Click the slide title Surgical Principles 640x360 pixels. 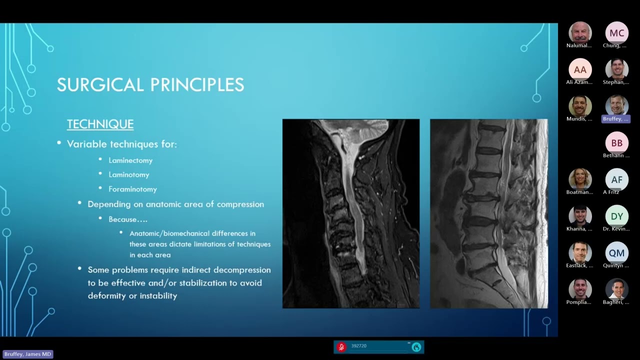click(x=150, y=85)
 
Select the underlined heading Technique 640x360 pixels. click(x=100, y=124)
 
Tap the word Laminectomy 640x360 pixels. click(x=130, y=160)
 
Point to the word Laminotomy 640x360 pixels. click(x=129, y=175)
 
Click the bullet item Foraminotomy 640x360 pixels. click(x=132, y=189)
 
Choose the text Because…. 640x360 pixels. click(x=128, y=219)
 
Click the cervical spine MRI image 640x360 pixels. click(x=350, y=213)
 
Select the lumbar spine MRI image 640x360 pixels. click(x=488, y=213)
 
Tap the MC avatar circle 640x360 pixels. click(x=616, y=33)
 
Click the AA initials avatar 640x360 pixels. click(x=580, y=70)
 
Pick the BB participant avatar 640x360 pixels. click(x=616, y=143)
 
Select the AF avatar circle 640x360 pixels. click(x=616, y=180)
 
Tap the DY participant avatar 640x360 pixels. click(x=616, y=216)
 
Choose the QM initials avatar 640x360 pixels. click(x=616, y=253)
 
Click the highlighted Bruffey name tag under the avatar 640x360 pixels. click(x=616, y=119)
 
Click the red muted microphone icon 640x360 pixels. click(x=341, y=347)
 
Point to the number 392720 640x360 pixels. click(x=359, y=346)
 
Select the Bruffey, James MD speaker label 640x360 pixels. click(x=27, y=354)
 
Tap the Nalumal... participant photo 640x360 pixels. click(x=580, y=32)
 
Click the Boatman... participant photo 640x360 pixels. click(x=580, y=179)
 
